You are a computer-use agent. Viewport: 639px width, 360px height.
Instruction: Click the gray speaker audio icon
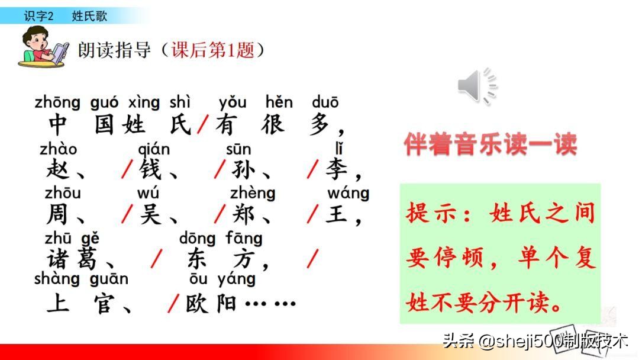point(477,86)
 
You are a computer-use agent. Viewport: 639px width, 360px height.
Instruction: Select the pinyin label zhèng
point(253,193)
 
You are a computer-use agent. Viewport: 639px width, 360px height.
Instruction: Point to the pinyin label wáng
point(348,193)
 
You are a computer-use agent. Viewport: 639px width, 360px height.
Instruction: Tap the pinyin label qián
point(153,149)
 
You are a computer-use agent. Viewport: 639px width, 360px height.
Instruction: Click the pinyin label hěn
point(279,103)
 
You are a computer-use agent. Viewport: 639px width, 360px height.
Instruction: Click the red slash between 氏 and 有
point(203,125)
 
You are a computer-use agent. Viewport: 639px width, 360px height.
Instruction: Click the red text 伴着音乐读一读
point(490,144)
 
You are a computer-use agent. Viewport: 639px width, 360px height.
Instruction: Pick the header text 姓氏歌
point(89,16)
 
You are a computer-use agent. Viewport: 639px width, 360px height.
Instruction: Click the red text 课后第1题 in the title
point(212,50)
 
